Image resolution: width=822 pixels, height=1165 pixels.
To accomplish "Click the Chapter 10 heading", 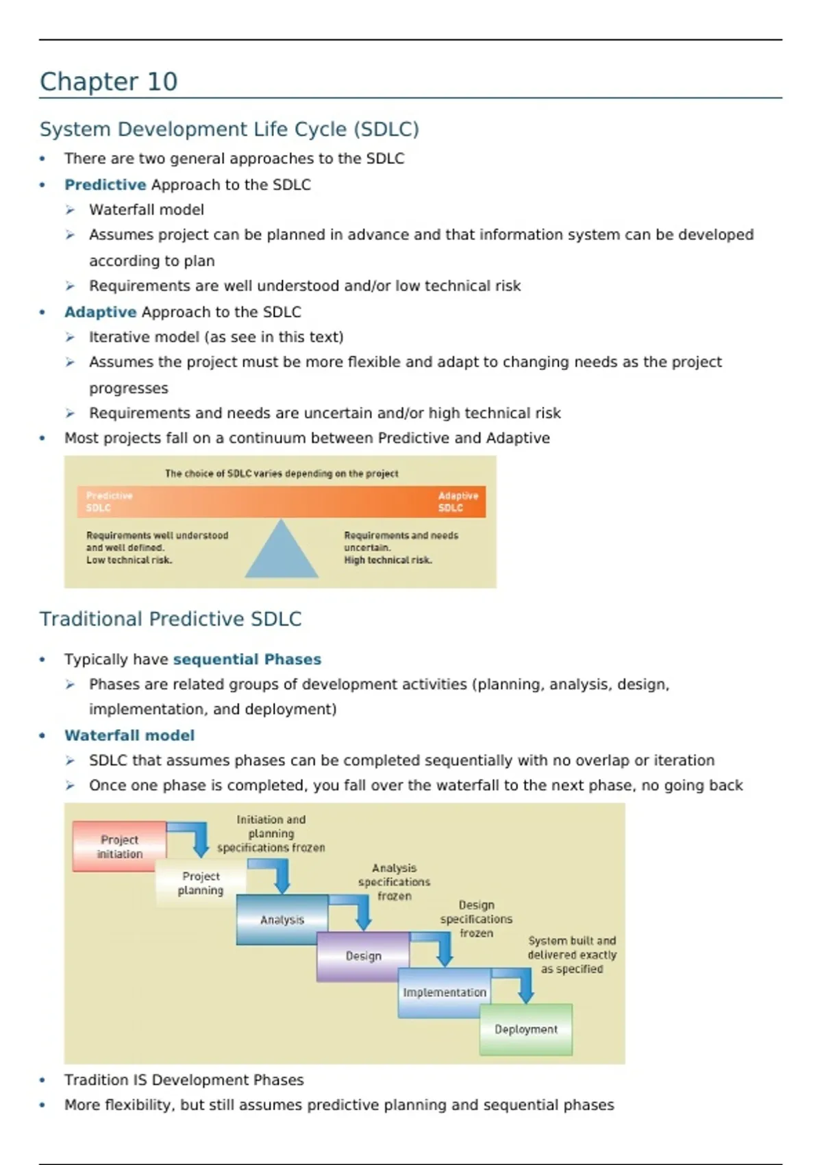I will tap(108, 82).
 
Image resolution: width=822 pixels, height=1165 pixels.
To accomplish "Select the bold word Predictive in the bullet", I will tap(105, 185).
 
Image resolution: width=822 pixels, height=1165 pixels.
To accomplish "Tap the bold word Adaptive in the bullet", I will tap(100, 312).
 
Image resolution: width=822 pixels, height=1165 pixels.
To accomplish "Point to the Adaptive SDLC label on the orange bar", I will tap(458, 502).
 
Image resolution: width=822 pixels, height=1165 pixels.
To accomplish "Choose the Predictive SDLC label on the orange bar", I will tap(109, 502).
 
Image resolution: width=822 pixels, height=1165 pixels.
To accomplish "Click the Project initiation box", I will tap(119, 846).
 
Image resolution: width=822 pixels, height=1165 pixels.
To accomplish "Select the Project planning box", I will tap(200, 883).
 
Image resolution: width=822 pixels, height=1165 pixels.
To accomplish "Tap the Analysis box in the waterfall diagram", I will tap(282, 920).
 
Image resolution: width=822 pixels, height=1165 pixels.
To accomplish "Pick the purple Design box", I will tap(363, 956).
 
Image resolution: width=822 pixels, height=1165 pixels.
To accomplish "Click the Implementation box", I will tap(444, 992).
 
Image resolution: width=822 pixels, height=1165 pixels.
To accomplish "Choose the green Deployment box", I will tap(525, 1029).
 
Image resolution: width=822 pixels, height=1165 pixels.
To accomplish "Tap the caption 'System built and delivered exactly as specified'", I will tap(571, 955).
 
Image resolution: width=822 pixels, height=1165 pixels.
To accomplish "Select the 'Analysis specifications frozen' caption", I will tap(394, 882).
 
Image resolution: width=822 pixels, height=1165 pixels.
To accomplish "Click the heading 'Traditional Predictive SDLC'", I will tap(171, 620).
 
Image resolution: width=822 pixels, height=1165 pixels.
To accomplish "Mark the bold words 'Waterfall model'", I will tap(129, 736).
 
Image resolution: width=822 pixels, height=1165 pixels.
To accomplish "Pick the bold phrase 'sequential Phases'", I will tap(247, 660).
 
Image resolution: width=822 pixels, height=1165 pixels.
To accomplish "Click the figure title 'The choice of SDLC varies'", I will tap(281, 474).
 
